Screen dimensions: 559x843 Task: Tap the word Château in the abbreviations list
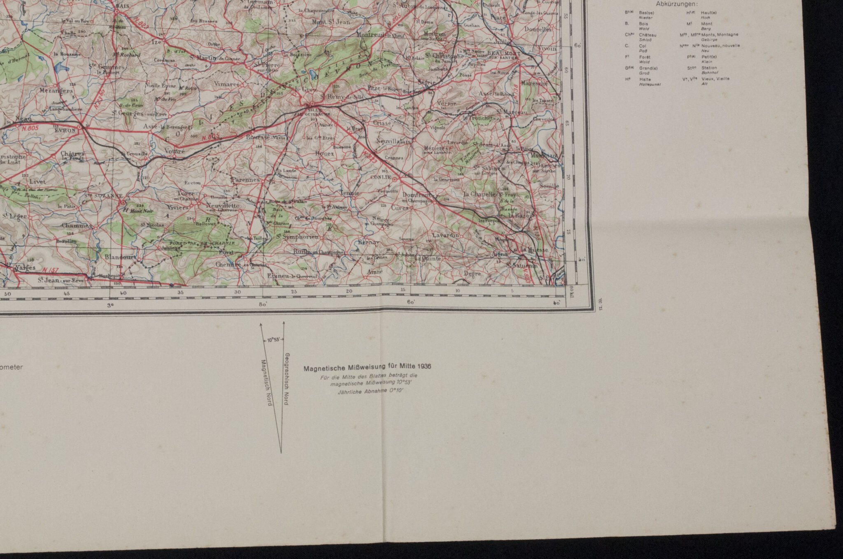pos(645,35)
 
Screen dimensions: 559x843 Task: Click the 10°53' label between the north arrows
pos(273,340)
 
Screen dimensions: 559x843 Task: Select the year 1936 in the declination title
pos(424,366)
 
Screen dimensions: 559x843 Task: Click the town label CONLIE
pos(380,178)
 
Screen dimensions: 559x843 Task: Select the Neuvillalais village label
pos(393,141)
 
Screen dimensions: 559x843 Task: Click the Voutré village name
pos(174,151)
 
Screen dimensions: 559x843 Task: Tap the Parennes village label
pos(245,179)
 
